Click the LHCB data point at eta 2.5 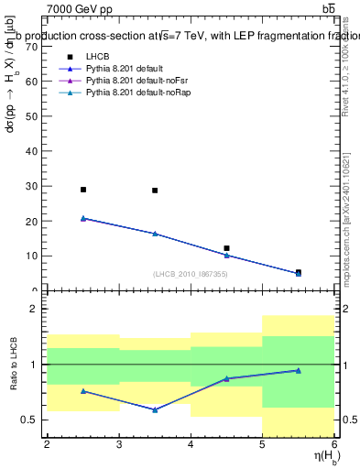click(x=83, y=190)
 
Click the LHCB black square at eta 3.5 click(x=155, y=191)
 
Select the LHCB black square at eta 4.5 click(x=226, y=248)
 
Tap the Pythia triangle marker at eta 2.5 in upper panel click(x=83, y=218)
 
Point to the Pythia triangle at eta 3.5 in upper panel click(x=155, y=234)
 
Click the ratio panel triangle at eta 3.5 click(x=155, y=409)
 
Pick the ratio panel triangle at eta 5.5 click(x=298, y=370)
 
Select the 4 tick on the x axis click(x=191, y=445)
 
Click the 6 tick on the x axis click(x=334, y=445)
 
